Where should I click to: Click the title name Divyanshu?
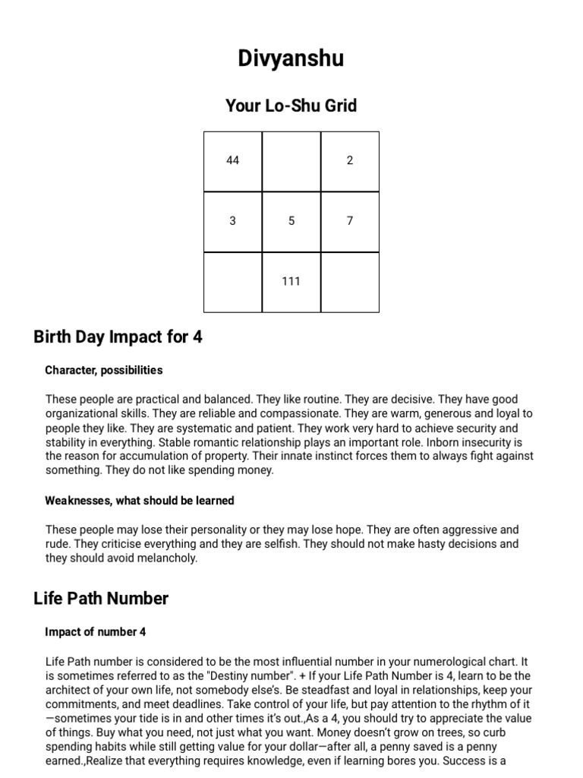[291, 59]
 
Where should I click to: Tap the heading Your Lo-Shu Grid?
[291, 106]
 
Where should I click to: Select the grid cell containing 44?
[233, 160]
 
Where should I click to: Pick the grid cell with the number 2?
[350, 160]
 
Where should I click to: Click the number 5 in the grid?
[291, 221]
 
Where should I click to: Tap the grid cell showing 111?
[291, 281]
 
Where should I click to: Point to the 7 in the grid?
[350, 221]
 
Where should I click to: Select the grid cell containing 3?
[233, 221]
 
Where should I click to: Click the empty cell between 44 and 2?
[291, 160]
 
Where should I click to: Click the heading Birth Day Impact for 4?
[118, 337]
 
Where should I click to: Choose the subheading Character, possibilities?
[104, 370]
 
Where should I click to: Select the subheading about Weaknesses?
[140, 501]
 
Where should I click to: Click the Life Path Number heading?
[101, 599]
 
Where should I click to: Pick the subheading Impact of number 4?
[96, 632]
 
